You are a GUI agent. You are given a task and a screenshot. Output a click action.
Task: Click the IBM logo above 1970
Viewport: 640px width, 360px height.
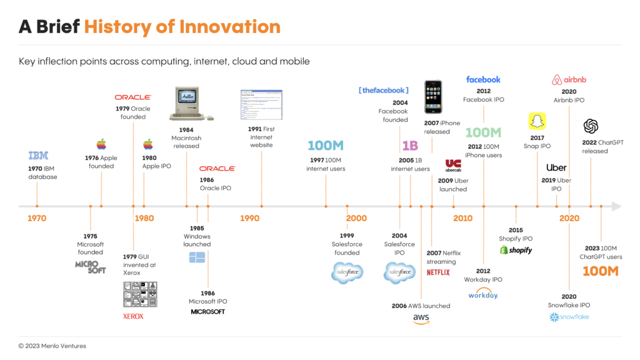[x=38, y=156]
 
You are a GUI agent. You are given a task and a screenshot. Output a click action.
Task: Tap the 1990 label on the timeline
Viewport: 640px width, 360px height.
[x=249, y=218]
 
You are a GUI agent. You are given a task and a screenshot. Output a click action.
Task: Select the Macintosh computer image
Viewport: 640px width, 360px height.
[x=191, y=103]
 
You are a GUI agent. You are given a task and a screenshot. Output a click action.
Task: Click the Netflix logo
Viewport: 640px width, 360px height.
[x=438, y=272]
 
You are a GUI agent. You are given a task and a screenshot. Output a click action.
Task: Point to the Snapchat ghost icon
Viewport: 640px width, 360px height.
[x=537, y=121]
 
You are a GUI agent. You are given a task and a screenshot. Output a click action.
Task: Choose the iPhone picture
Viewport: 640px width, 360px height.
[x=433, y=97]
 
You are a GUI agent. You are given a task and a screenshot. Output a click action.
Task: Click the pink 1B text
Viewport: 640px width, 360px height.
[x=410, y=146]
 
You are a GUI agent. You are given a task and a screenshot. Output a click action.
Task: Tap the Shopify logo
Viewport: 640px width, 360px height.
[x=516, y=250]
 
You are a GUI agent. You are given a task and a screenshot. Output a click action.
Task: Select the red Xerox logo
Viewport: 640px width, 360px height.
[x=133, y=316]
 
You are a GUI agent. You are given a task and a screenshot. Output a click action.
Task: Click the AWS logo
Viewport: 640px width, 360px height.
[x=421, y=319]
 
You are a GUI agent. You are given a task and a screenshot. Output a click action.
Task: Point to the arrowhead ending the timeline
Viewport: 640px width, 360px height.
[x=616, y=206]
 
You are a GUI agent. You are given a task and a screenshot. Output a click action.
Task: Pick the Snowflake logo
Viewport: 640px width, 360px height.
[x=569, y=317]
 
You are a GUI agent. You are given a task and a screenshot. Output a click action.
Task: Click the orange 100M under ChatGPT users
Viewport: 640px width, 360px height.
[x=601, y=271]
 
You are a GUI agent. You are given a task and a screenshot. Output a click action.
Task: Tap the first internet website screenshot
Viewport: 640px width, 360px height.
[x=261, y=104]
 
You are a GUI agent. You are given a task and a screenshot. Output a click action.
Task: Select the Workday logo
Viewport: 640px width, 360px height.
[x=483, y=294]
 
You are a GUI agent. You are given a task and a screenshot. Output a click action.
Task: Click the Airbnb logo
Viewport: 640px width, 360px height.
[x=569, y=79]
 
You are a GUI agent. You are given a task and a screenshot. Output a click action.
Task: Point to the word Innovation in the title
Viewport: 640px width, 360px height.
[x=230, y=26]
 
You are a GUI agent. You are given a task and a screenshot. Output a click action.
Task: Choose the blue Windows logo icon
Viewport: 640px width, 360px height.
[x=197, y=257]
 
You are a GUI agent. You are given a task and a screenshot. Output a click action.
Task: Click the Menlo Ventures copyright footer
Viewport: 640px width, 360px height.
[x=52, y=346]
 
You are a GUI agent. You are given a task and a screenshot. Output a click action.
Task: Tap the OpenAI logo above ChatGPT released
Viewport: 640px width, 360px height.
[x=591, y=126]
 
